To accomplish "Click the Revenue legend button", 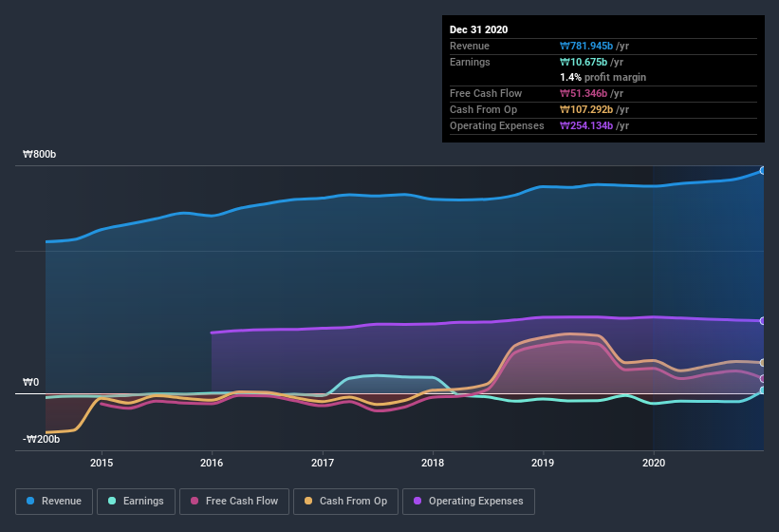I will pos(53,501).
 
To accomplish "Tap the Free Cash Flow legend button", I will pos(234,501).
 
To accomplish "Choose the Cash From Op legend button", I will pos(346,501).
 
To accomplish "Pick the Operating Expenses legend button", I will pos(468,501).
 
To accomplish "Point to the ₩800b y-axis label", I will pos(41,154).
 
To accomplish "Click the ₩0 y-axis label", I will pos(32,382).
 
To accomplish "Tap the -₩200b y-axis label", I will pos(43,439).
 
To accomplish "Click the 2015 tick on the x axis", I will pos(102,463).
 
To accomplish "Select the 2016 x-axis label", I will pos(212,463).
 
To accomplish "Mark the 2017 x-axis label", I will pos(323,463).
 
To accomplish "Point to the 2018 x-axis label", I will pos(433,463).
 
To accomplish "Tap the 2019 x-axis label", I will pos(543,463).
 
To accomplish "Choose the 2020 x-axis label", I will pos(654,463).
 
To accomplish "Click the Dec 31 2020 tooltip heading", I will pos(479,29).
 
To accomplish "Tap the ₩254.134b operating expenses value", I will pos(589,125).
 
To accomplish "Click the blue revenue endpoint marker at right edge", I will pos(763,171).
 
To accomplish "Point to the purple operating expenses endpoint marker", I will pos(763,321).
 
